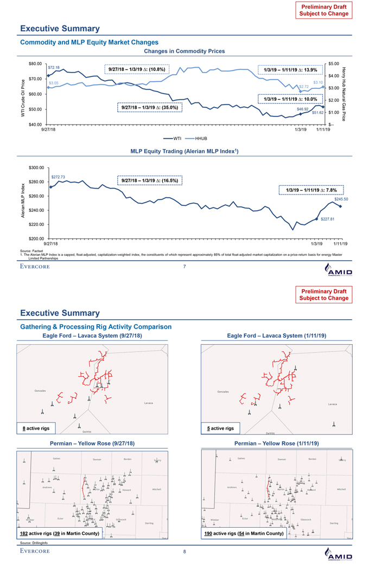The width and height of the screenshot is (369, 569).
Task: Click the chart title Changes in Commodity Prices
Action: (184, 51)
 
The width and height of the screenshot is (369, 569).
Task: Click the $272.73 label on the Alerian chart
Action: (58, 177)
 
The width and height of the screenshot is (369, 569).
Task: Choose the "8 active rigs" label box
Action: (36, 429)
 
